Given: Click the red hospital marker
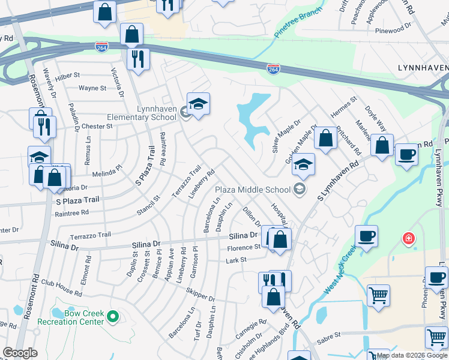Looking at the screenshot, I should tap(409, 239).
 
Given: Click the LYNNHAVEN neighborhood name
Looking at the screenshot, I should tap(423, 68).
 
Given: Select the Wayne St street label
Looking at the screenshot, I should tap(92, 88).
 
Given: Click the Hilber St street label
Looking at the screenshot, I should tap(67, 76).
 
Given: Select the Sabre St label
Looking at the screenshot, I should tap(328, 335).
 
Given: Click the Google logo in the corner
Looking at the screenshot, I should tap(20, 353).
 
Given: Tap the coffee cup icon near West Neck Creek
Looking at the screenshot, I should tap(366, 236).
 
